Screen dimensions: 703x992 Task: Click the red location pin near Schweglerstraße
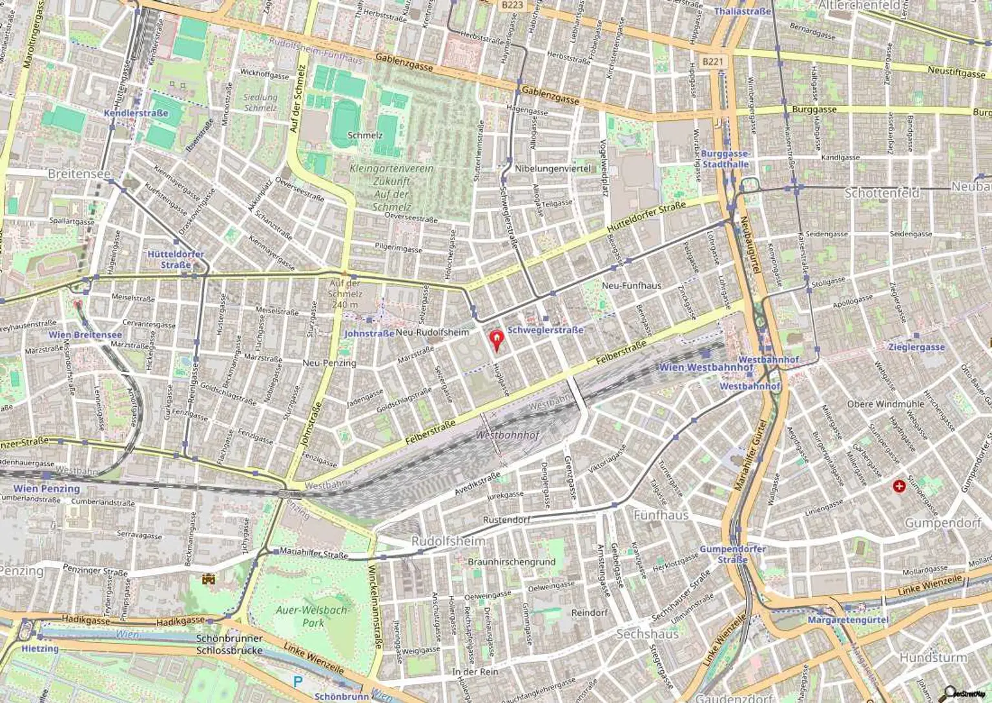(x=496, y=339)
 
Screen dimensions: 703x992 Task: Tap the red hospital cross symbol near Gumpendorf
(x=898, y=485)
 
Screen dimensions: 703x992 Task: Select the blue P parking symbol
(x=297, y=681)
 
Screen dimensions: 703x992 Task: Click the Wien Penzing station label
(x=46, y=489)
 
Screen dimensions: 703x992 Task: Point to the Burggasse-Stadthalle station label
(x=725, y=159)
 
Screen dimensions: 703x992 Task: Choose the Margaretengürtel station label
(x=847, y=620)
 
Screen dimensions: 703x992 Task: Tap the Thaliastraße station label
(x=743, y=12)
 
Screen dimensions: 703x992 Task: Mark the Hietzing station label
(x=40, y=648)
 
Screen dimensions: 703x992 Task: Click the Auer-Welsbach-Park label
(x=313, y=616)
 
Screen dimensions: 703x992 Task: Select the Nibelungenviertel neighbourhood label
(x=553, y=168)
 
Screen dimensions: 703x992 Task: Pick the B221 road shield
(x=713, y=61)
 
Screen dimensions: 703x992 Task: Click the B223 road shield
(x=512, y=5)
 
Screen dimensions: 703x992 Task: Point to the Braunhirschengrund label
(x=512, y=562)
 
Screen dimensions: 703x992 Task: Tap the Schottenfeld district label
(x=882, y=193)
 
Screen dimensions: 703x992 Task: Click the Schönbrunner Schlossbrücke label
(x=229, y=644)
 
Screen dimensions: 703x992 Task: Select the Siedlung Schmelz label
(x=260, y=103)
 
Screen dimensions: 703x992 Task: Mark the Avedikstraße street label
(x=477, y=484)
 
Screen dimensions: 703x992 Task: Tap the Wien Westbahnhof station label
(x=705, y=367)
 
